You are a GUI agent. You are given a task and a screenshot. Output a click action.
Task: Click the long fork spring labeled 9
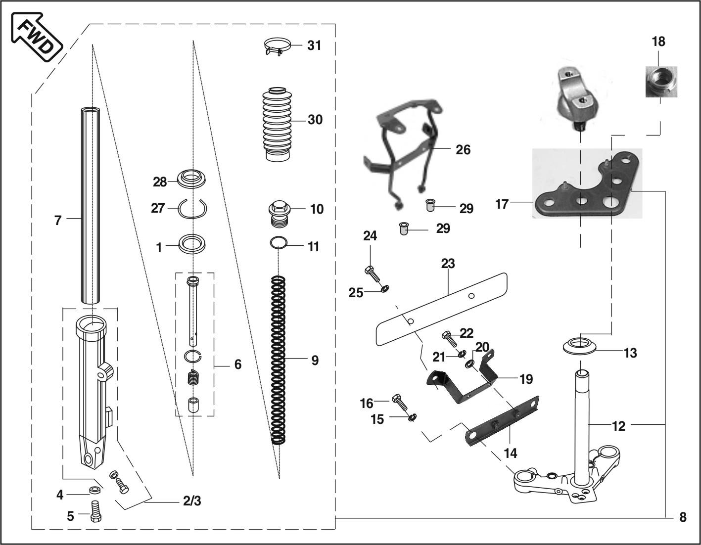click(279, 360)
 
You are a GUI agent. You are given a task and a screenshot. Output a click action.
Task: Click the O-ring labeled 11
click(279, 243)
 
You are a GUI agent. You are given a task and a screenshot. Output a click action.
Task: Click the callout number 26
click(463, 149)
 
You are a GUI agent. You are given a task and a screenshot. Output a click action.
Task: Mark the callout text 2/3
click(192, 501)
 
